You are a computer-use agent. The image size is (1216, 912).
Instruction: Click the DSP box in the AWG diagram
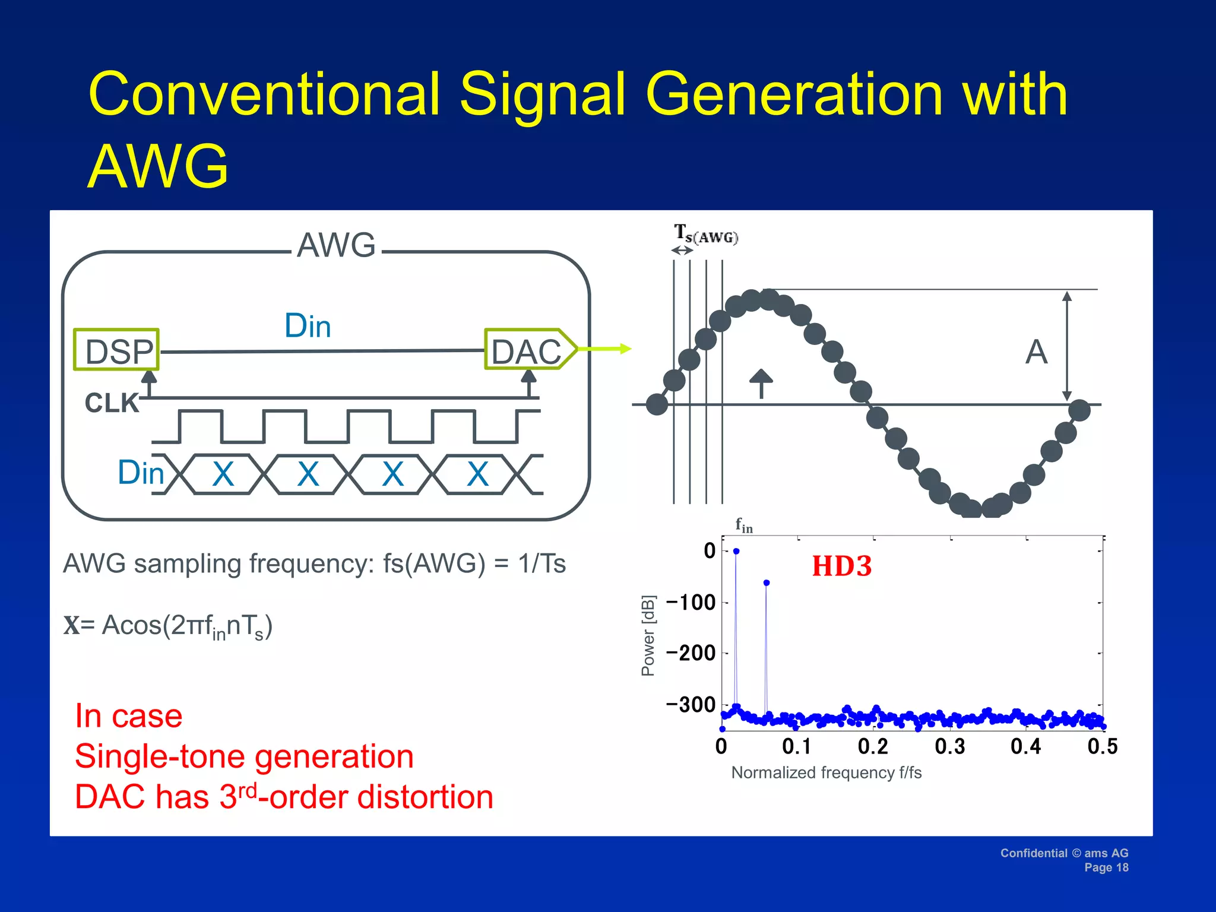click(116, 350)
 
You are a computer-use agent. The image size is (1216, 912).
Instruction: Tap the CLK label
click(111, 403)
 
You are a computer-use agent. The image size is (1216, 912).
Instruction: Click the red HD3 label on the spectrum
click(841, 566)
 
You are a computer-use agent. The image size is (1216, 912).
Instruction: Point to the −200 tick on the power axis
click(691, 653)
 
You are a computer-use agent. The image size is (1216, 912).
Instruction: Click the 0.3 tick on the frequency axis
click(950, 746)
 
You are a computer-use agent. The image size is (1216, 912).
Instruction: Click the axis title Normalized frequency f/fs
click(826, 772)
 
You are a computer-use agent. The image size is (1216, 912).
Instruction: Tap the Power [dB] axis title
click(648, 635)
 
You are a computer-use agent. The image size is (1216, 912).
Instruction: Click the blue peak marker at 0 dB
click(736, 551)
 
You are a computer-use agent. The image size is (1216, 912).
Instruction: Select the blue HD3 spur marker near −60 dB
click(767, 583)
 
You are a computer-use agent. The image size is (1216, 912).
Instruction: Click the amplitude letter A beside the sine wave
click(1036, 351)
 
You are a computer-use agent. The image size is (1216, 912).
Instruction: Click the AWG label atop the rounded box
click(336, 245)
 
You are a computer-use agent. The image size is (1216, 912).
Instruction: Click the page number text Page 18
click(1106, 867)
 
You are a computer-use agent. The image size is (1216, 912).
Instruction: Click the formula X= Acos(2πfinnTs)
click(168, 626)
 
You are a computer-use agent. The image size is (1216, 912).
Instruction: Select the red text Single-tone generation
click(244, 756)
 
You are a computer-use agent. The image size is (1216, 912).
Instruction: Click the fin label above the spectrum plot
click(743, 525)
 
